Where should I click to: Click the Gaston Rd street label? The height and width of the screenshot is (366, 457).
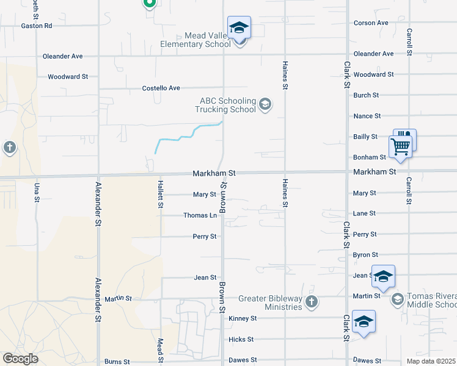[x=37, y=26]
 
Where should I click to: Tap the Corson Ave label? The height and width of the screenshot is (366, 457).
[x=371, y=23]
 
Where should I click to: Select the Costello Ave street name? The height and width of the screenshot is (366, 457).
[x=161, y=88]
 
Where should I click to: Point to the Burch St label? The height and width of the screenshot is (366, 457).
[x=366, y=95]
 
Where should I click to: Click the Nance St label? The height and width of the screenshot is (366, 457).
[x=367, y=116]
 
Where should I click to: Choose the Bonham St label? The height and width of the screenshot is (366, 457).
[x=370, y=157]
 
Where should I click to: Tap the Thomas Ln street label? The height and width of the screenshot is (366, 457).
[x=200, y=215]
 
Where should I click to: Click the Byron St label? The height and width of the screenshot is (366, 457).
[x=365, y=255]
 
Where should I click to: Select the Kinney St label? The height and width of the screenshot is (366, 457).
[x=243, y=318]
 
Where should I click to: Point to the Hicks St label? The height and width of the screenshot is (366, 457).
[x=241, y=339]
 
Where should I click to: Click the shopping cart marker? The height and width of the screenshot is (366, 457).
[x=400, y=146]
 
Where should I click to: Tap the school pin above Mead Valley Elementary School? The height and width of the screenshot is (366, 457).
[x=239, y=28]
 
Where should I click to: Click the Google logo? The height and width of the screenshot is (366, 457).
[x=20, y=359]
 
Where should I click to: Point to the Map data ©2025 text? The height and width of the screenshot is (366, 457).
[x=431, y=361]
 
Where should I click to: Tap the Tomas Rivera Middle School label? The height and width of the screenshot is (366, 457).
[x=431, y=300]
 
